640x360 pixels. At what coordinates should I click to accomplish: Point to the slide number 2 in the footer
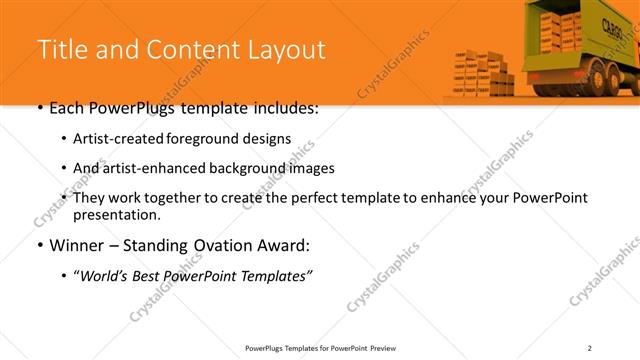pyautogui.click(x=589, y=348)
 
